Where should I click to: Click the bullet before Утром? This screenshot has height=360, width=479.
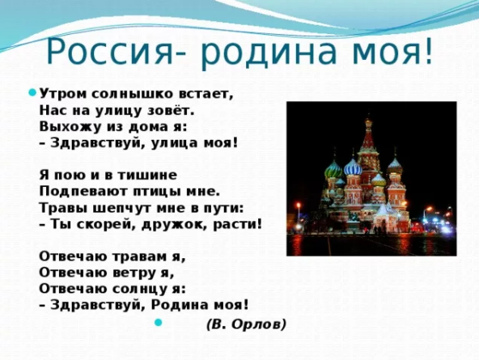[32, 92]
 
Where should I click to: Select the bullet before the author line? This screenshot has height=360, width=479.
[158, 322]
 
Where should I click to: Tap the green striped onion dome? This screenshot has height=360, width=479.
[333, 170]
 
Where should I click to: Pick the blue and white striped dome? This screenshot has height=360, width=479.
[353, 167]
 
